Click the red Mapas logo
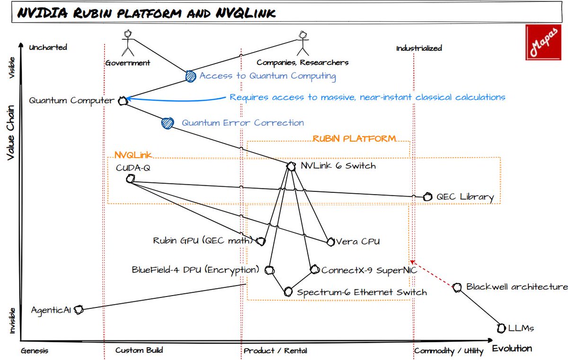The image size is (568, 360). click(x=545, y=44)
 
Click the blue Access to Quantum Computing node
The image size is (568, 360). click(x=190, y=76)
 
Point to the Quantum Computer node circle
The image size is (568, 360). click(x=123, y=100)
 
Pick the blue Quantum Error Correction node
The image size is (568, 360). click(x=167, y=123)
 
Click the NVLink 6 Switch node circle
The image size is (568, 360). click(x=291, y=166)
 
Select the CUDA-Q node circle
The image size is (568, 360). click(x=131, y=179)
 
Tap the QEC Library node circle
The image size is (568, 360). click(x=427, y=197)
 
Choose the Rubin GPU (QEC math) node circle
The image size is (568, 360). click(x=260, y=241)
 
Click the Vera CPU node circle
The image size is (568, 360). click(x=330, y=242)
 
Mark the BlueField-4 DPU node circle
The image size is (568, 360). click(x=269, y=270)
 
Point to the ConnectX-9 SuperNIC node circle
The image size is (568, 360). click(x=314, y=270)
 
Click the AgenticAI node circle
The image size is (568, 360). click(x=79, y=310)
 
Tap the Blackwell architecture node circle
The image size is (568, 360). click(x=457, y=287)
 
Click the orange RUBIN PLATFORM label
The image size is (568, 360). click(x=354, y=139)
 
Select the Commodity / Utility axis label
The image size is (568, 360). click(x=449, y=351)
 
